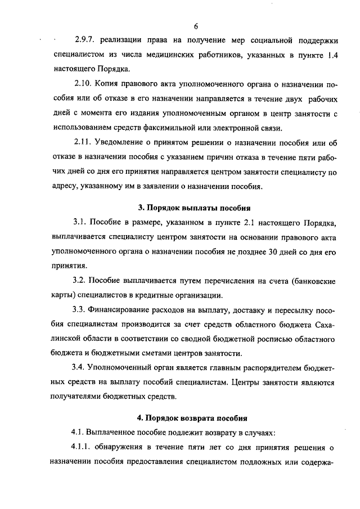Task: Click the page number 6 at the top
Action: tap(196, 26)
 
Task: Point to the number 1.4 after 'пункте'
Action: tap(330, 56)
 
